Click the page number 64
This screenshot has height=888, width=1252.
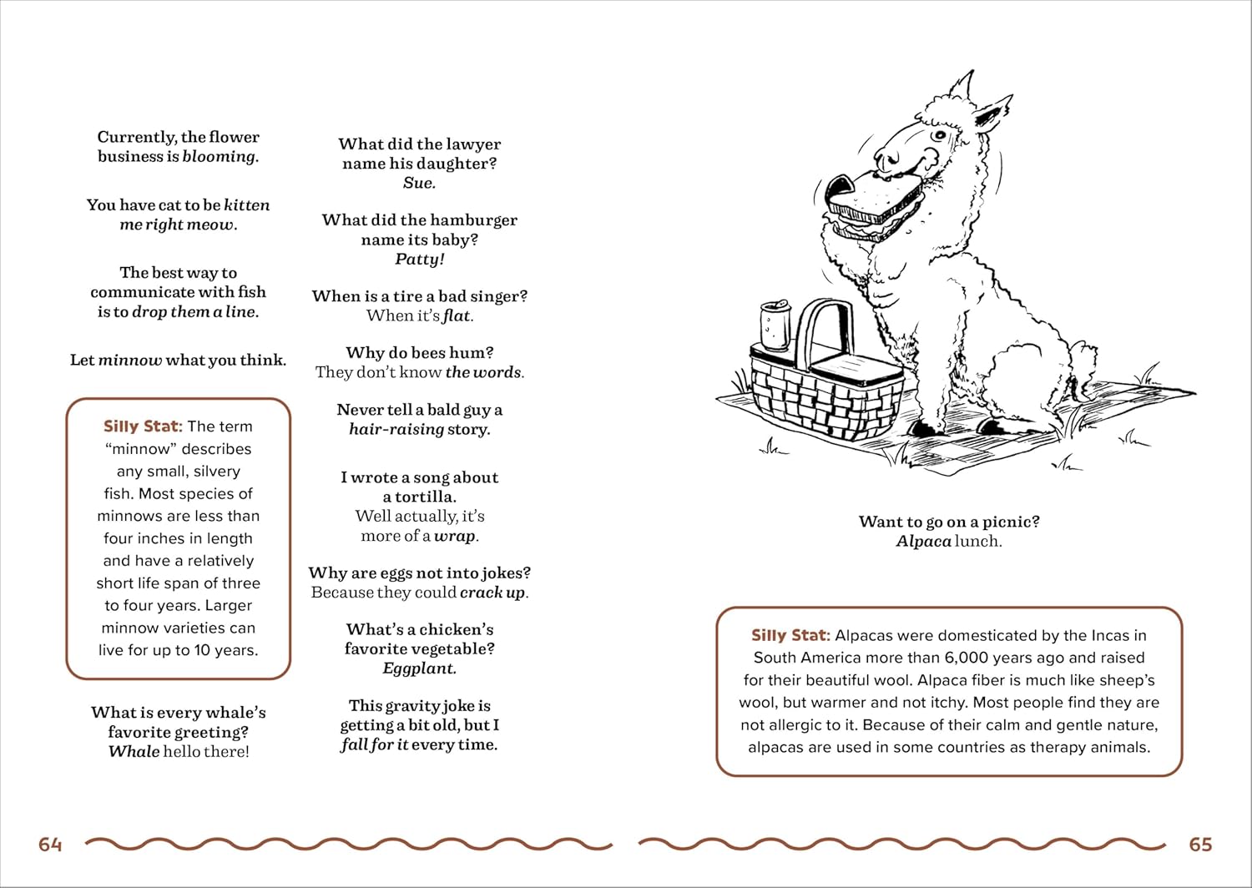coord(50,845)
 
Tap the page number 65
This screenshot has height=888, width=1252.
coord(1200,845)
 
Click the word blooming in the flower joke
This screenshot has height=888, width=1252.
coord(220,157)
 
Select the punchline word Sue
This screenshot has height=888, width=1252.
coord(419,183)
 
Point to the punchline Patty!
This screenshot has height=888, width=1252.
coord(419,259)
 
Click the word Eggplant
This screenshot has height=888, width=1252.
coord(419,669)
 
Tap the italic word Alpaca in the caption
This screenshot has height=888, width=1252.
coord(923,542)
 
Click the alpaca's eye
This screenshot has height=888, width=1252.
coord(940,136)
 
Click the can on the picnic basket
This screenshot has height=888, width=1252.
coord(775,325)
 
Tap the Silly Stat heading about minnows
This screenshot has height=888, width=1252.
coord(142,426)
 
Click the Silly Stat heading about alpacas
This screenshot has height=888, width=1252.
coord(790,635)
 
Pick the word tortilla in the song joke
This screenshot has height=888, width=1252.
coord(426,497)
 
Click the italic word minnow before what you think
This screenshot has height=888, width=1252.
coord(130,361)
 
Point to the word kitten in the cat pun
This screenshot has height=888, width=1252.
coord(246,205)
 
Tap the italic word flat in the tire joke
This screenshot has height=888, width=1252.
coord(457,316)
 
